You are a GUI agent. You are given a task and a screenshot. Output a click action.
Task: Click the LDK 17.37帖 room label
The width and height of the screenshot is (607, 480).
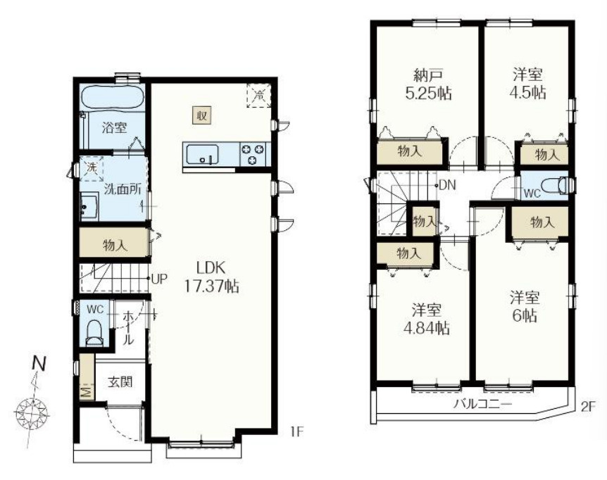pyautogui.click(x=211, y=277)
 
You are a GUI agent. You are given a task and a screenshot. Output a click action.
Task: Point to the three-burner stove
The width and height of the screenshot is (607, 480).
pyautogui.click(x=254, y=154)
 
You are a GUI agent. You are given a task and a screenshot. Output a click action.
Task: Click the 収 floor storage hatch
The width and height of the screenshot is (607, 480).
pyautogui.click(x=202, y=115)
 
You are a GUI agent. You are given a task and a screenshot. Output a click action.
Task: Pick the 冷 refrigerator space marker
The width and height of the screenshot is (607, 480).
pyautogui.click(x=259, y=95)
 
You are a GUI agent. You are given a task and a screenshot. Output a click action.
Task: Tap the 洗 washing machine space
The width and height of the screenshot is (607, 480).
pyautogui.click(x=92, y=168)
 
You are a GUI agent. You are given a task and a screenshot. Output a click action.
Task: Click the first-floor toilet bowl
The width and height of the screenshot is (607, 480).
pyautogui.click(x=94, y=333)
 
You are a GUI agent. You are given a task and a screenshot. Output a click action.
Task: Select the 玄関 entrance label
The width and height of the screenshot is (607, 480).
pyautogui.click(x=120, y=381)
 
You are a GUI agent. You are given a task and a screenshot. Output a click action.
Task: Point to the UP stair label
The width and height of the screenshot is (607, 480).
pyautogui.click(x=159, y=279)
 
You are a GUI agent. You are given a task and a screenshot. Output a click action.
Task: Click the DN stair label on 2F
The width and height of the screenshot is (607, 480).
pyautogui.click(x=448, y=185)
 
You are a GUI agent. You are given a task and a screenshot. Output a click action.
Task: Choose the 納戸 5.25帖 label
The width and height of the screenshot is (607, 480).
pyautogui.click(x=428, y=84)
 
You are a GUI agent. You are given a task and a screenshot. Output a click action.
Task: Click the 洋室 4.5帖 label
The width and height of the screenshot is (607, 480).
pyautogui.click(x=528, y=83)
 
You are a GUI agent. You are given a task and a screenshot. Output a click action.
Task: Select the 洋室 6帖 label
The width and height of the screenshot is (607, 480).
pyautogui.click(x=525, y=307)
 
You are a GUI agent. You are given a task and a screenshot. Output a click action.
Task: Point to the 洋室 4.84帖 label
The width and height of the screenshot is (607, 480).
pyautogui.click(x=427, y=320)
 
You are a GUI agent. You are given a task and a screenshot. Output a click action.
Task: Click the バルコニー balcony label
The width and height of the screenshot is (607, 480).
pyautogui.click(x=483, y=405)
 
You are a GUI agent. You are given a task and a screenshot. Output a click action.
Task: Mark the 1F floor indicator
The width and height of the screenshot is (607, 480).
pyautogui.click(x=296, y=431)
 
